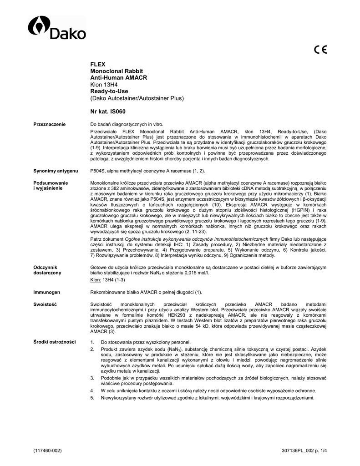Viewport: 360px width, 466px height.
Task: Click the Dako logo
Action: point(57,28)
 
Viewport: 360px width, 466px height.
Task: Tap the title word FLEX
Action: point(97,65)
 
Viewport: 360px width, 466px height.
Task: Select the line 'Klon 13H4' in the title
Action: point(104,85)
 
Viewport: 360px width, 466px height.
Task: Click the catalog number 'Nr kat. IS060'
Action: point(108,111)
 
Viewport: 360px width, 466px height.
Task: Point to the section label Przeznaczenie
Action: point(50,125)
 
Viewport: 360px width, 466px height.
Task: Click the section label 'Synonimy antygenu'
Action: point(56,171)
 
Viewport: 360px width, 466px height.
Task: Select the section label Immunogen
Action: point(46,292)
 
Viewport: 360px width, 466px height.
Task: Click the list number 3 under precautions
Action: point(92,378)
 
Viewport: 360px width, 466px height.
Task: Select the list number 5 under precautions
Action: point(92,398)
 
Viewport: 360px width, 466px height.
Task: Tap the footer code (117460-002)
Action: point(47,451)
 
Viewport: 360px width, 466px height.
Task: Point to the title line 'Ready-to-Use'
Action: point(109,91)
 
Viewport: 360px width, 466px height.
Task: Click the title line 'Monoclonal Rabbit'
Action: point(117,72)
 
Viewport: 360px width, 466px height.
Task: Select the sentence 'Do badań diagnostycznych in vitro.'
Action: point(127,125)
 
